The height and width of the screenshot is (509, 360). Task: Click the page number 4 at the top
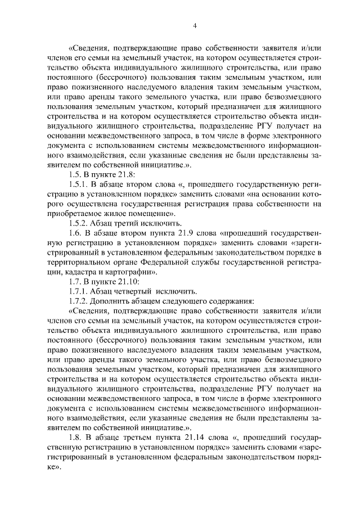[194, 26]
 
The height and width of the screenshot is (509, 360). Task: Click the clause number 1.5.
[73, 174]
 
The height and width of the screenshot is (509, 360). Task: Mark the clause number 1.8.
[73, 438]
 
